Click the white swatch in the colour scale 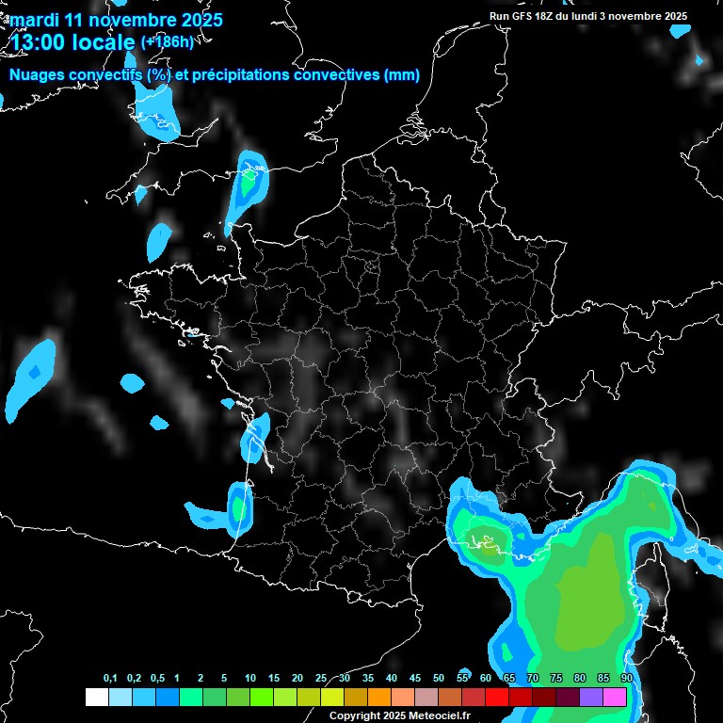point(96,697)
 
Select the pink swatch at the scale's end point(615,697)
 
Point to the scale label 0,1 point(110,679)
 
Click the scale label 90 point(626,679)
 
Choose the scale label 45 point(415,679)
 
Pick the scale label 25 point(321,679)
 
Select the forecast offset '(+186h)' point(167,41)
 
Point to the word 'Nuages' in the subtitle point(38,75)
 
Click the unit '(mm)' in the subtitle point(402,75)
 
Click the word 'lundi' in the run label point(596,16)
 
